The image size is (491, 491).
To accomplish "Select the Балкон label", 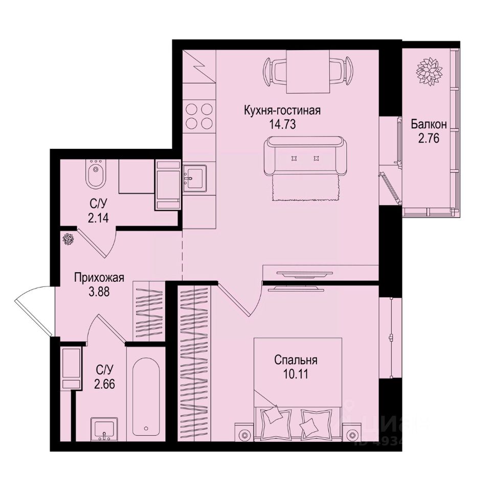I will [x=429, y=124].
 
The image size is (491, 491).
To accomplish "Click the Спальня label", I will [x=296, y=360].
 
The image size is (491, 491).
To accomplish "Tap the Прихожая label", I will [x=99, y=279].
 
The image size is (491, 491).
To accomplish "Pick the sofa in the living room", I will [x=305, y=156].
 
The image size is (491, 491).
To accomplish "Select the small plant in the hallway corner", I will [x=68, y=239].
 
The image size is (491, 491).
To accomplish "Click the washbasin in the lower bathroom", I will [x=105, y=429].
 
